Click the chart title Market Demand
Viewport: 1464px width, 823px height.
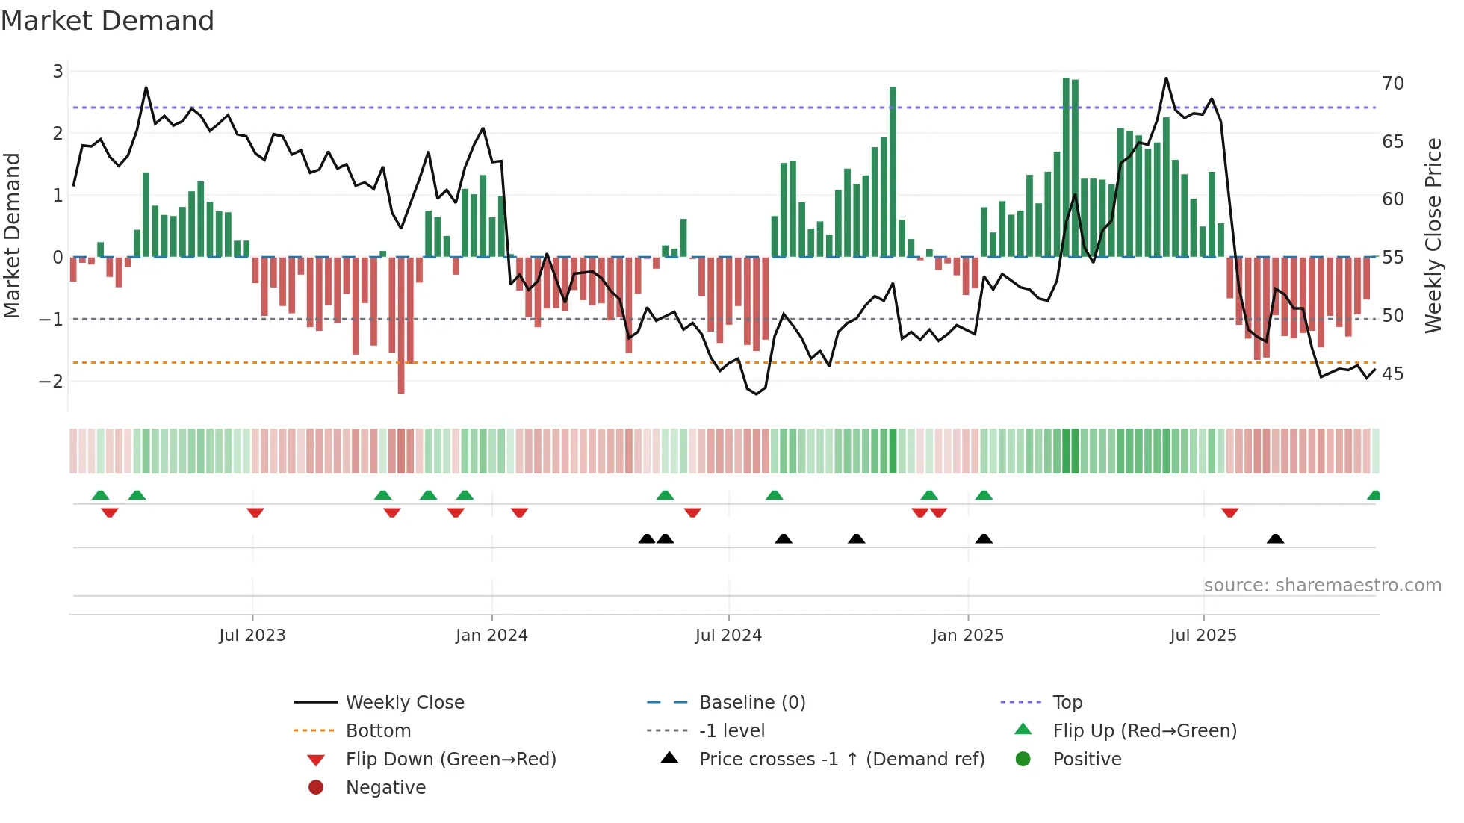click(x=108, y=21)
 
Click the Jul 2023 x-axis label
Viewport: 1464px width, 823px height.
click(x=252, y=636)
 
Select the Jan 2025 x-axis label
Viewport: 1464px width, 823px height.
click(x=967, y=636)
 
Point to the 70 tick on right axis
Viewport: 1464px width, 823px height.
click(x=1392, y=83)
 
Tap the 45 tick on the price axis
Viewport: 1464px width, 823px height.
click(x=1392, y=373)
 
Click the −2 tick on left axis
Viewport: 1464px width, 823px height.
click(x=51, y=381)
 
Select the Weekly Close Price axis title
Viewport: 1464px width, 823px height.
click(x=1433, y=235)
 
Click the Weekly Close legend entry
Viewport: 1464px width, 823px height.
click(x=404, y=702)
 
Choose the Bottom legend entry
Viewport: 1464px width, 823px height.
click(x=378, y=730)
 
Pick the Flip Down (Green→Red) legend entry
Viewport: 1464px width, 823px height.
click(x=450, y=759)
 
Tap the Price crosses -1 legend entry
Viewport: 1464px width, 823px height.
click(x=841, y=759)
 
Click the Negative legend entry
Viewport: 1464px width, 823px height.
click(x=385, y=787)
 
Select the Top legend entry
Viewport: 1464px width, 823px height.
click(x=1067, y=702)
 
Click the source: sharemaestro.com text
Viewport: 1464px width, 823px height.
click(x=1322, y=585)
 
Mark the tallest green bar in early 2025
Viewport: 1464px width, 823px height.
click(x=1066, y=168)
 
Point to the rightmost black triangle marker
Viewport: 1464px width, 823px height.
click(x=1275, y=539)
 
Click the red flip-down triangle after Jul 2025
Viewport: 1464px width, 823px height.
click(x=1229, y=512)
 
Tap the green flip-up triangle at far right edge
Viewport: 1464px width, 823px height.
click(x=1374, y=495)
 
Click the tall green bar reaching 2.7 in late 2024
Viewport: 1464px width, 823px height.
click(x=893, y=172)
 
